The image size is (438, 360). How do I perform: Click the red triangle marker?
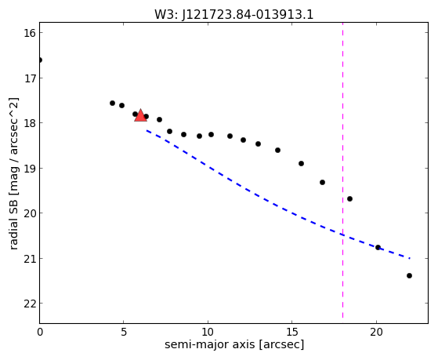(x=140, y=115)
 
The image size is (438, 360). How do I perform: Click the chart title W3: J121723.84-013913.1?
(x=233, y=15)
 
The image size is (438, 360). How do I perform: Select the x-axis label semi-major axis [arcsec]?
(x=234, y=344)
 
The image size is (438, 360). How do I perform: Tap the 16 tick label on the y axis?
(x=30, y=33)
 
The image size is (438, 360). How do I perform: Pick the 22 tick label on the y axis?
(x=30, y=304)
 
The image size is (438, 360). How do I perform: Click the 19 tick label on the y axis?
(x=30, y=169)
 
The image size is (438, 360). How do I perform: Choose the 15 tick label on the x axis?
(x=292, y=332)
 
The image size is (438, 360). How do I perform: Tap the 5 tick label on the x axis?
(x=124, y=332)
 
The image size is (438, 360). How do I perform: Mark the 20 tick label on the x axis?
(x=376, y=332)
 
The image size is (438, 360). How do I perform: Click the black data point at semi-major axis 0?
(x=40, y=60)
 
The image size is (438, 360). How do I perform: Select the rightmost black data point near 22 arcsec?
(x=409, y=275)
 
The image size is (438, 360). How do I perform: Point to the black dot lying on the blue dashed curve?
(x=378, y=247)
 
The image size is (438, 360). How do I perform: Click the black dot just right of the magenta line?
(x=349, y=199)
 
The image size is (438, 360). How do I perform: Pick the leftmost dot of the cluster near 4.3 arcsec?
(x=112, y=104)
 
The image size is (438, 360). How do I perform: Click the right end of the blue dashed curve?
(x=410, y=258)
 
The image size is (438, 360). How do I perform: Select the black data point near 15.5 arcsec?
(x=301, y=163)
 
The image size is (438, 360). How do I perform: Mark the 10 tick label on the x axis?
(x=208, y=332)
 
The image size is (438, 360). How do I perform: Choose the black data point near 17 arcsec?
(x=322, y=183)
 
